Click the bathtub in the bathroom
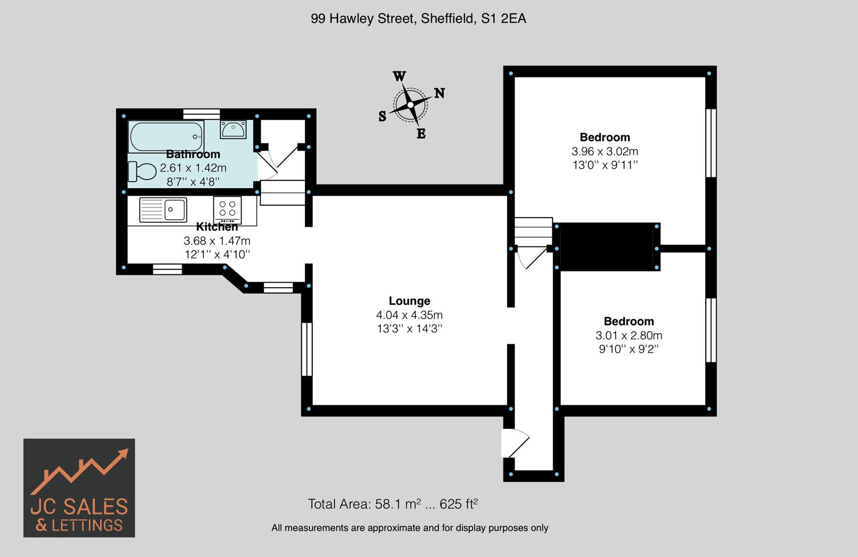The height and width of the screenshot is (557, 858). click(x=166, y=136)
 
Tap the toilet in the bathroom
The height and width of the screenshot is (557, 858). click(x=142, y=171)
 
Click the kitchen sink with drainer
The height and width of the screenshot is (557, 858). click(x=163, y=209)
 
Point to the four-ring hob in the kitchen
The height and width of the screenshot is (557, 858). click(x=227, y=209)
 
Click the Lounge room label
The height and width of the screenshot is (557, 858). click(x=409, y=301)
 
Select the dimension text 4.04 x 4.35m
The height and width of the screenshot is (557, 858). click(x=409, y=315)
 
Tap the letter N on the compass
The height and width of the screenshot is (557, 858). click(x=439, y=93)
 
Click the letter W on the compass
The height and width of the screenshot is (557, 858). click(x=399, y=77)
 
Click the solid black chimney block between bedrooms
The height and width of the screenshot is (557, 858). click(x=607, y=247)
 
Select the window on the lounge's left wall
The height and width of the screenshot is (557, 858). click(x=306, y=349)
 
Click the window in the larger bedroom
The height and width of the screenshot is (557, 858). click(x=711, y=143)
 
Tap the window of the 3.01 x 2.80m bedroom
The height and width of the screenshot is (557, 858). click(x=711, y=330)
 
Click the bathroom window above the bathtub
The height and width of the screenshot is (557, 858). click(x=202, y=114)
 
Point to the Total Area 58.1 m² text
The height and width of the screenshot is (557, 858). click(x=393, y=504)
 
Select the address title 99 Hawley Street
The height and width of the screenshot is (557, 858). click(x=418, y=19)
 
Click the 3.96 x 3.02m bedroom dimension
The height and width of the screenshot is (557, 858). click(x=605, y=151)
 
